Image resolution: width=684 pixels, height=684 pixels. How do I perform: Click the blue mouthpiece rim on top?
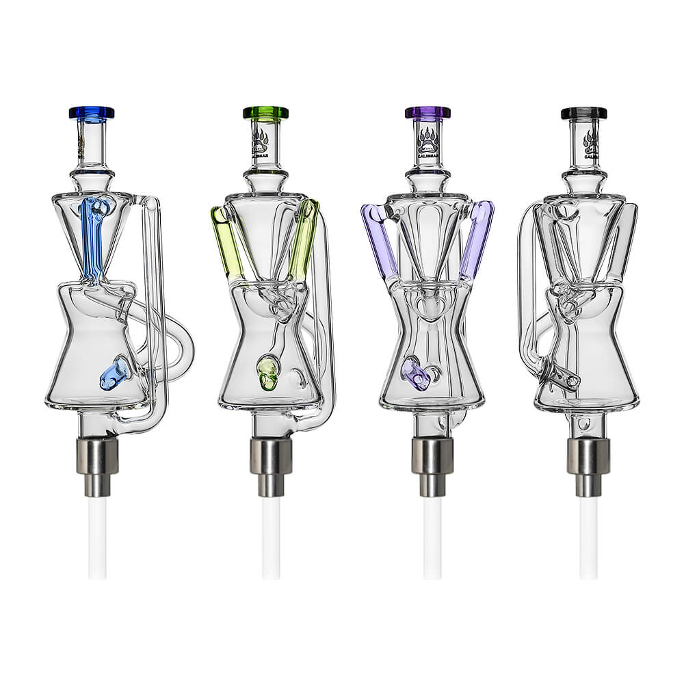tap(92, 112)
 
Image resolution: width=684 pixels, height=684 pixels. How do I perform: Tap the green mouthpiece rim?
tap(265, 112)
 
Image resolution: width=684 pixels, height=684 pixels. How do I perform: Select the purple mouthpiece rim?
tap(428, 112)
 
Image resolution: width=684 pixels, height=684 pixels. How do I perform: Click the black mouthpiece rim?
tap(584, 112)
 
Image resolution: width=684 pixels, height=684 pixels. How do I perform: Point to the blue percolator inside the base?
tap(115, 373)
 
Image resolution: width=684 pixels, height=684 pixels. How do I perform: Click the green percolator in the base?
tap(268, 373)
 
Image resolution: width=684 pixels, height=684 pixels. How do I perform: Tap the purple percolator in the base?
tap(415, 373)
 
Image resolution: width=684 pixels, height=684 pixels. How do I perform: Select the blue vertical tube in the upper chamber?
tap(92, 236)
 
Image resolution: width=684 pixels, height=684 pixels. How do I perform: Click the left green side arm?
tap(226, 243)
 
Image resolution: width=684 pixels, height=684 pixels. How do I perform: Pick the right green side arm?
tap(304, 239)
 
